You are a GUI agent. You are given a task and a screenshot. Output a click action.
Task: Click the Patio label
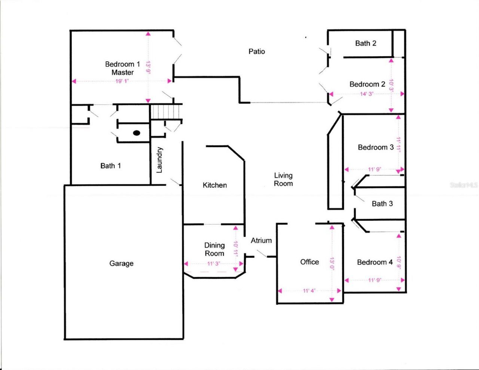pos(257,51)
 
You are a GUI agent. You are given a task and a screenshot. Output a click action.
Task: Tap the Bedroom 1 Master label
pos(122,68)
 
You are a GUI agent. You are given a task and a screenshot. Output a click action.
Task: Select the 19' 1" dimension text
pos(122,81)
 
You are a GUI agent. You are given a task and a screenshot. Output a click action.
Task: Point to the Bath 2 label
pos(366,43)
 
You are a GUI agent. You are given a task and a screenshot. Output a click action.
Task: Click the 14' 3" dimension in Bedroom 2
pos(367,94)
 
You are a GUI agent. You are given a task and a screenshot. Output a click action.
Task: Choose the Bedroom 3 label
pos(376,147)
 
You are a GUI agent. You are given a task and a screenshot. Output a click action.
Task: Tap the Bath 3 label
pos(382,204)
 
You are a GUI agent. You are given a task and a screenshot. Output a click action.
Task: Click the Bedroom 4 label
pos(375,262)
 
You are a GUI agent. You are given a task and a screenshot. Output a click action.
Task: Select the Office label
pos(309,262)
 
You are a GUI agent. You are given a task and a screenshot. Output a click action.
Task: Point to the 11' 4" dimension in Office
pos(309,291)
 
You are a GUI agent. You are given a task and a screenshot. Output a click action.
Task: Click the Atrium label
pos(261,241)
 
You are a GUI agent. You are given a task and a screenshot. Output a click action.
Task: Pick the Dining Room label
pos(214,249)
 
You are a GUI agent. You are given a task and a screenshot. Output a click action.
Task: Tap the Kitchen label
pos(215,185)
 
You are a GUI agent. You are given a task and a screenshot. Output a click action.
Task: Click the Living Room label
pos(283,179)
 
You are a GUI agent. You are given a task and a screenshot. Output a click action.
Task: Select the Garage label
pos(121,263)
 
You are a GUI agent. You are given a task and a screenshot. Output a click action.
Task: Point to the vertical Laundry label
pos(159,160)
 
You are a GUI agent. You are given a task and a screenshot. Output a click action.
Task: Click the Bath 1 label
pos(110,166)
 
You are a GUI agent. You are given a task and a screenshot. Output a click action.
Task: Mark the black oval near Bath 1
pos(137,132)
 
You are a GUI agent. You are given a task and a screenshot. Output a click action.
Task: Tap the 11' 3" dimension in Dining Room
pos(213,264)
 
